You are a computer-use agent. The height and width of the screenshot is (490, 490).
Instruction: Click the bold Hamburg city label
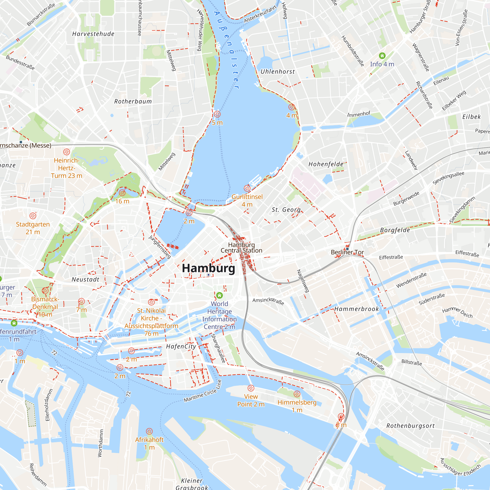tap(208, 268)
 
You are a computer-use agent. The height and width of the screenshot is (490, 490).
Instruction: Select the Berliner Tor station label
tap(347, 252)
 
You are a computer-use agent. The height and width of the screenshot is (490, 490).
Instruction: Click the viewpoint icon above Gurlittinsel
tap(247, 188)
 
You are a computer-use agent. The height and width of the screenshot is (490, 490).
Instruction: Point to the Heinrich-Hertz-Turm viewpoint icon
tap(66, 152)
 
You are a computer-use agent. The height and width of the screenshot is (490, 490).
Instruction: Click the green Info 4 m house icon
tap(382, 56)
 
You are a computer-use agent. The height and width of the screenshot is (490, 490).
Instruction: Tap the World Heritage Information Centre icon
tap(219, 295)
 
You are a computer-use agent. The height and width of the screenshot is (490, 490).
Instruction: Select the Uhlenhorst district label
tap(278, 72)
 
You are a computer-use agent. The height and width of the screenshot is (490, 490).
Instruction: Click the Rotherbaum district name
tap(133, 101)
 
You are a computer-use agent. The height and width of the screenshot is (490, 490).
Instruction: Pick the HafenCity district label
tap(181, 346)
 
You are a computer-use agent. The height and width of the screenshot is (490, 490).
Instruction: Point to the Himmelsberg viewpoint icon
tap(297, 394)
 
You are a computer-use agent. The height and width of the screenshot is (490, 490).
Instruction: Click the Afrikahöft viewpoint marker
tap(149, 431)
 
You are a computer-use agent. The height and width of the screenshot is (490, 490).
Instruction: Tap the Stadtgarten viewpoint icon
tap(33, 216)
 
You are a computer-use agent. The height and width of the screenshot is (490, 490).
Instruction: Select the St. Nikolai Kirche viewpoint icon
tap(151, 302)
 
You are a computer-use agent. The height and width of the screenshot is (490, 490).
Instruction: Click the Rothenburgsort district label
tap(410, 426)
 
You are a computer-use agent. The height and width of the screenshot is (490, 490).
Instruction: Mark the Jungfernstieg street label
tap(160, 247)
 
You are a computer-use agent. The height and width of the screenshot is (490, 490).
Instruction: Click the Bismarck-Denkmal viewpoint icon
tap(45, 291)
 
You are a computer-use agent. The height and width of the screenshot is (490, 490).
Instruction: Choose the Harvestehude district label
tap(93, 34)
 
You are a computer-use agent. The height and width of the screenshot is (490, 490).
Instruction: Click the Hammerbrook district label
tap(356, 309)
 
